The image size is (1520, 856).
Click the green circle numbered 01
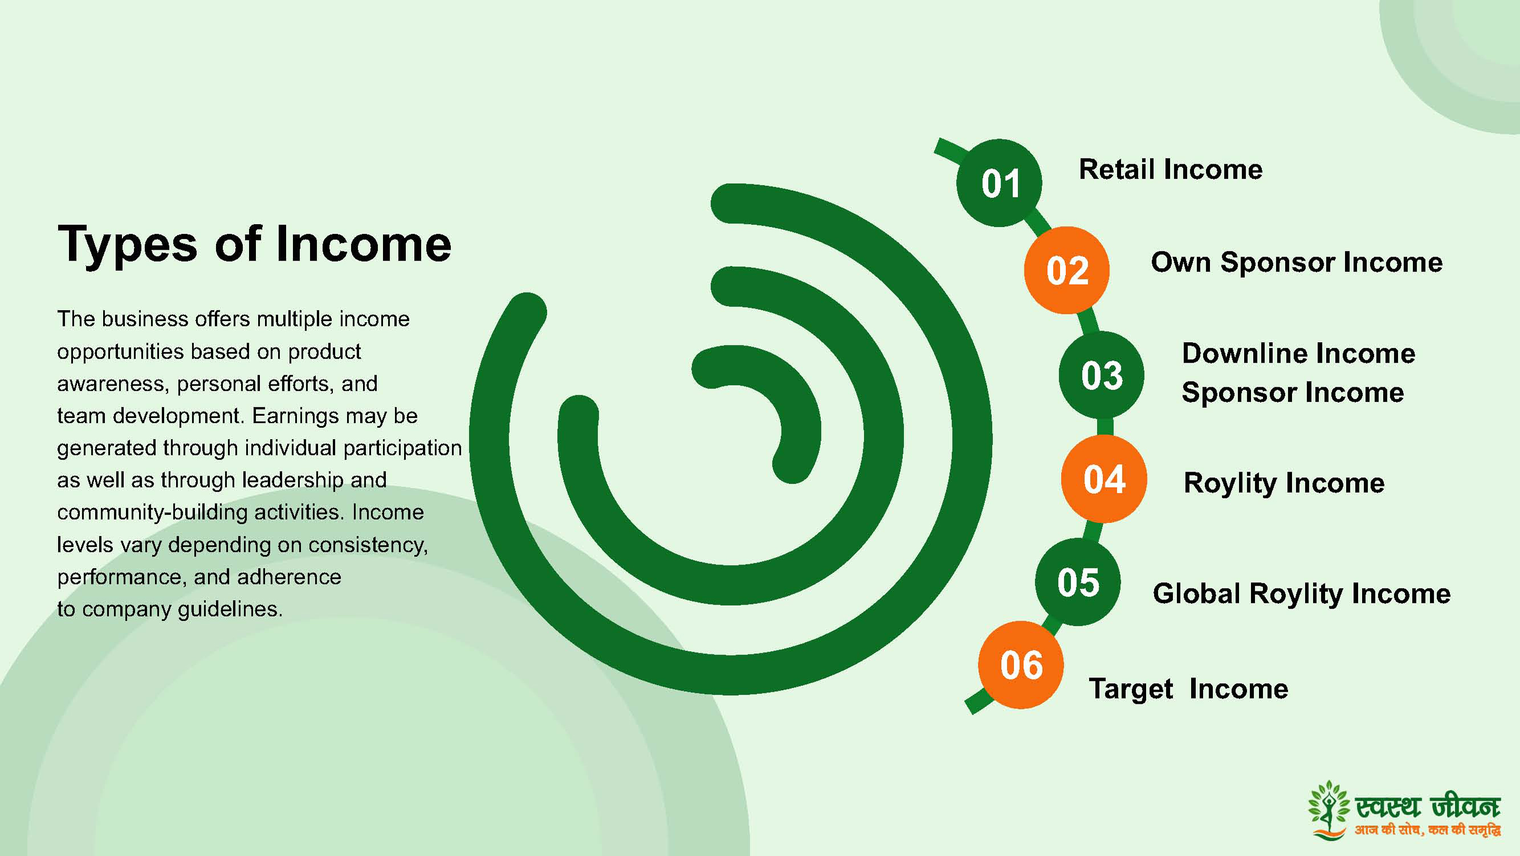[x=999, y=183]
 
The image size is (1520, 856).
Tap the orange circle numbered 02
[x=1067, y=270]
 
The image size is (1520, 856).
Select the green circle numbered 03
[x=1102, y=375]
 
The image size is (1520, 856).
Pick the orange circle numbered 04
[x=1104, y=479]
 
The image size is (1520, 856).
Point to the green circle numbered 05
[x=1078, y=582]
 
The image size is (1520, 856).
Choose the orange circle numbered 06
[x=1021, y=665]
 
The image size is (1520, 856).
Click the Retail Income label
[x=1171, y=169]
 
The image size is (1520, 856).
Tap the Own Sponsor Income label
[x=1297, y=263]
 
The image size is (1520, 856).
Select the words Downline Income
[x=1299, y=354]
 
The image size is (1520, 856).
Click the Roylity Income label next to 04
[x=1284, y=484]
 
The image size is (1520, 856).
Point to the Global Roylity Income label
[x=1302, y=594]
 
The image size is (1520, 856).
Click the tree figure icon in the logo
[x=1329, y=809]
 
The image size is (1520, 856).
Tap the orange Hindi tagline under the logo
[x=1427, y=830]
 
